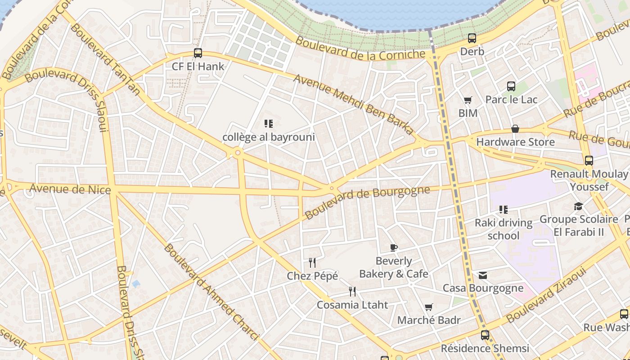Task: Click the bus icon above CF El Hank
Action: tap(198, 53)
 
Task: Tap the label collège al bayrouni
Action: tap(269, 137)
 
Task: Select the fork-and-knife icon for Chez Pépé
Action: tap(312, 262)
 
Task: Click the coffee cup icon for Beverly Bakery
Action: tap(393, 247)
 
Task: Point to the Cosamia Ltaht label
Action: tap(352, 305)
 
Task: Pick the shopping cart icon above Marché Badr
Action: tap(429, 307)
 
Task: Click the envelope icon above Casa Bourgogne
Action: tap(483, 275)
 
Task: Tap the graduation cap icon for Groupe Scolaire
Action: tap(578, 206)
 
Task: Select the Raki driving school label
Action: tap(504, 229)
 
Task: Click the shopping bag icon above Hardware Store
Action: tap(515, 129)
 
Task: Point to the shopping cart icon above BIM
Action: tap(468, 100)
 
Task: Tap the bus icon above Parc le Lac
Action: tap(511, 86)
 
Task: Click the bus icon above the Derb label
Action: tap(472, 38)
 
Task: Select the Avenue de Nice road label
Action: tap(70, 189)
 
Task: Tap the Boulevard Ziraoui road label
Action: tap(546, 295)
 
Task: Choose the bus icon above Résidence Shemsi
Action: tap(485, 335)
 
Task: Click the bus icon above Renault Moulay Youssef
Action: tap(589, 161)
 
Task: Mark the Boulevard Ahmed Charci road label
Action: tap(211, 292)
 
